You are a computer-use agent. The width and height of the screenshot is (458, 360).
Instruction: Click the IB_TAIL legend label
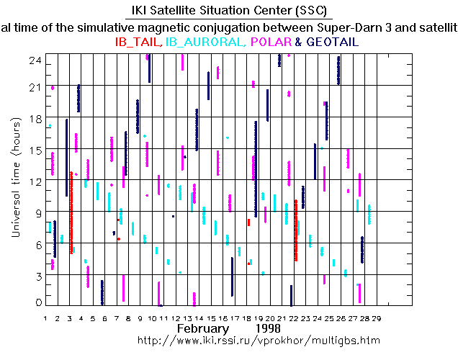[139, 42]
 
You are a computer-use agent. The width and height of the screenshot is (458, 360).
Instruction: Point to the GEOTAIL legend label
[332, 42]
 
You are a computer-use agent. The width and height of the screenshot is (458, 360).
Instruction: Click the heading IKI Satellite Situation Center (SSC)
[228, 11]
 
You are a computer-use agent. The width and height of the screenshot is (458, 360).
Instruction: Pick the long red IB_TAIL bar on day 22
[296, 230]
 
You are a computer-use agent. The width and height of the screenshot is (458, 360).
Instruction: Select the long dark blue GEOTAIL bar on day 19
[256, 168]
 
